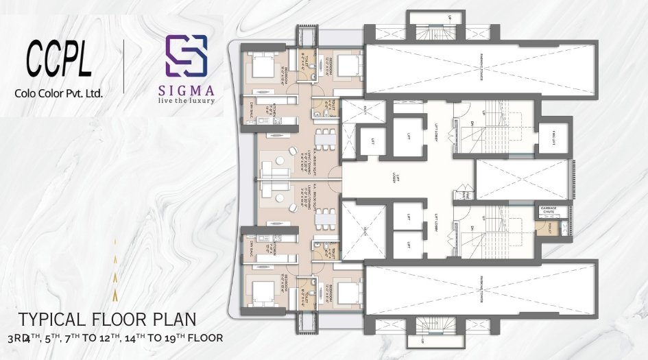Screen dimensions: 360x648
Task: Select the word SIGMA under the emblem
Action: tap(190, 90)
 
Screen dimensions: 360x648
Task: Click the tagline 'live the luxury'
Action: tap(190, 101)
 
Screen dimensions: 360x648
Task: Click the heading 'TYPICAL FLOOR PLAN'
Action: tap(107, 320)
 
